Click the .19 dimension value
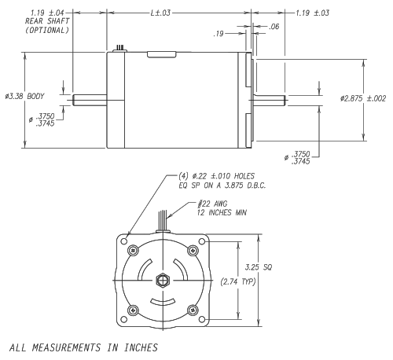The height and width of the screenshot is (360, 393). click(x=221, y=35)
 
